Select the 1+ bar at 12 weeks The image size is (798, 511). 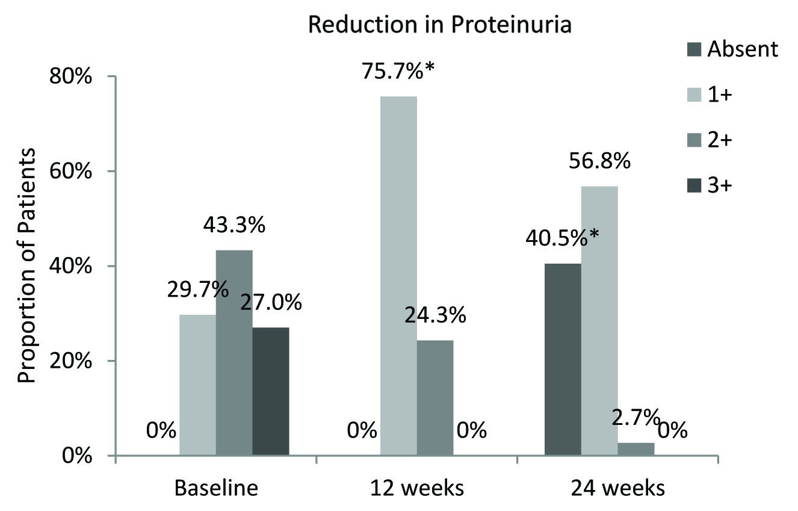(398, 276)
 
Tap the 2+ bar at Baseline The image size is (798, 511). (234, 352)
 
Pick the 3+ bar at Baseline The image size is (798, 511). (271, 391)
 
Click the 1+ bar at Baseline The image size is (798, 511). (197, 385)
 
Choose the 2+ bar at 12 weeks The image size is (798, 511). (435, 397)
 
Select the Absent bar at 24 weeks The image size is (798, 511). (563, 359)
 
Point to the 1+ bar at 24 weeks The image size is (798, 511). (599, 321)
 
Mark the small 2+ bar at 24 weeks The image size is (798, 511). (636, 449)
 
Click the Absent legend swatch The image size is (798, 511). (693, 49)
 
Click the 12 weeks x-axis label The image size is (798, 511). (417, 488)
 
